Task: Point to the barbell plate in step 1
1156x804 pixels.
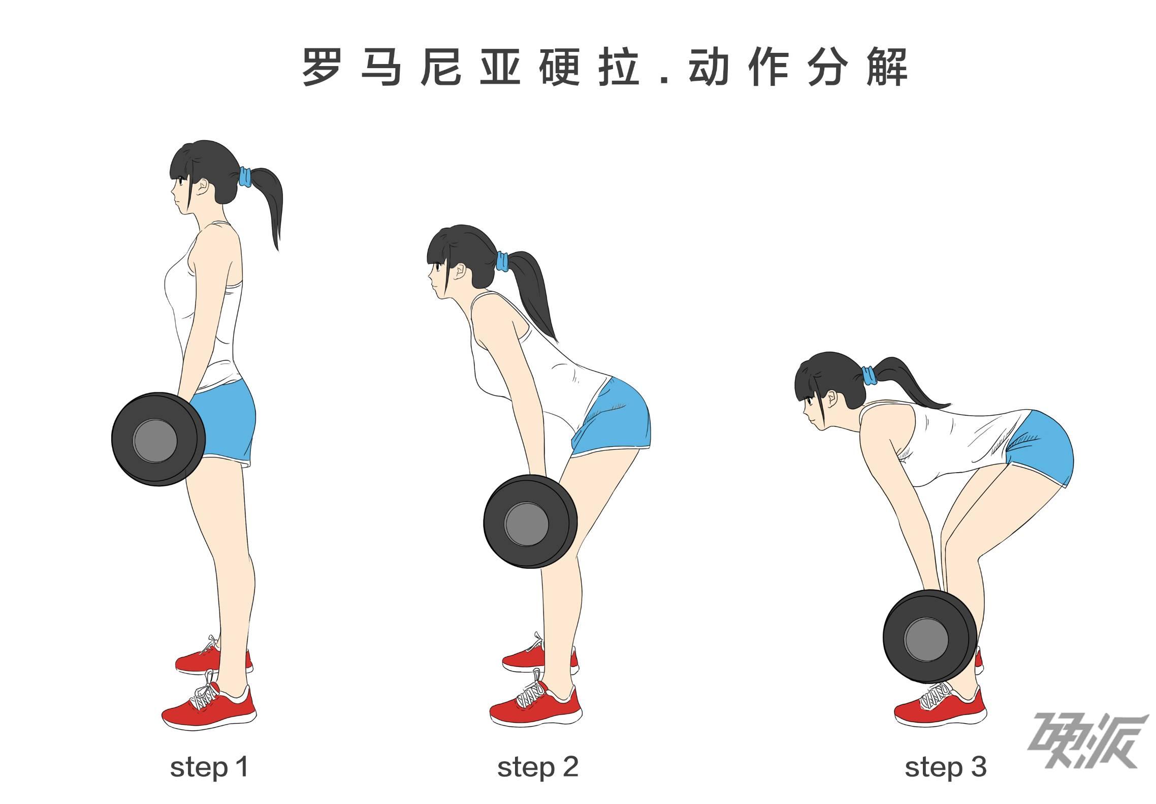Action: tap(158, 439)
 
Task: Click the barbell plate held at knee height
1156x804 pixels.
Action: tap(530, 521)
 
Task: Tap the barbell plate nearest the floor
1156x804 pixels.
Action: tap(930, 636)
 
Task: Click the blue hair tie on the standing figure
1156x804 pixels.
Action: tap(245, 177)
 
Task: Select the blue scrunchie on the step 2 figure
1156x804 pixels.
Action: tap(502, 261)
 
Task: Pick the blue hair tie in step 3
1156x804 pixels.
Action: tap(869, 375)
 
